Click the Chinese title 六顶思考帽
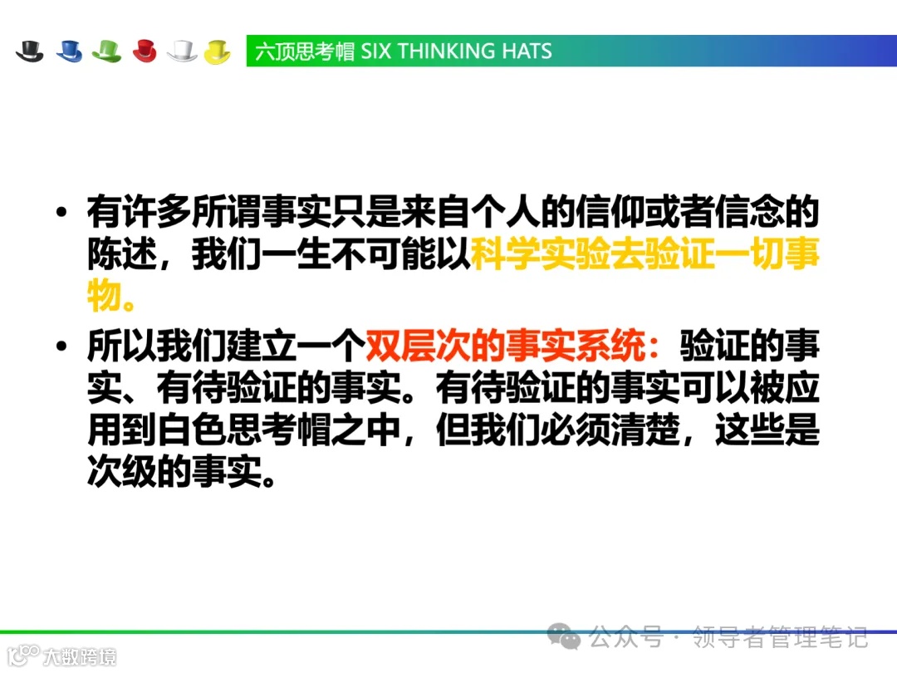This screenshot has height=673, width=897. click(304, 52)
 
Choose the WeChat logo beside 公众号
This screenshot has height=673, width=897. click(569, 638)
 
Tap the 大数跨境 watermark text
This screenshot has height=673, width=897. click(80, 656)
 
